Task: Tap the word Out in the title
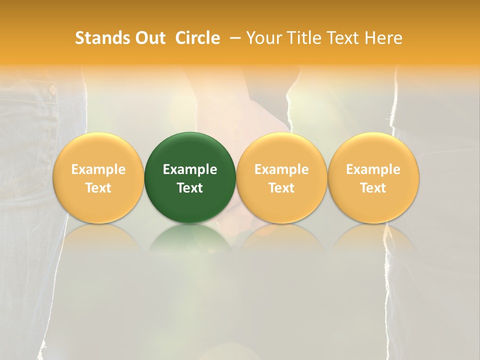tap(149, 38)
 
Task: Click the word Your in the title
tap(263, 38)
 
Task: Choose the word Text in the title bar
tap(341, 38)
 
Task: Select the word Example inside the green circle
tap(190, 169)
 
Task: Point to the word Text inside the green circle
tap(190, 188)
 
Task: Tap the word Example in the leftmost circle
tap(98, 169)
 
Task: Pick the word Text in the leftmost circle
tap(98, 188)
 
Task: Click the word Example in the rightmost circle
tap(373, 169)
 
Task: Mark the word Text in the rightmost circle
tap(373, 188)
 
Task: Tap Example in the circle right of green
tap(281, 169)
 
